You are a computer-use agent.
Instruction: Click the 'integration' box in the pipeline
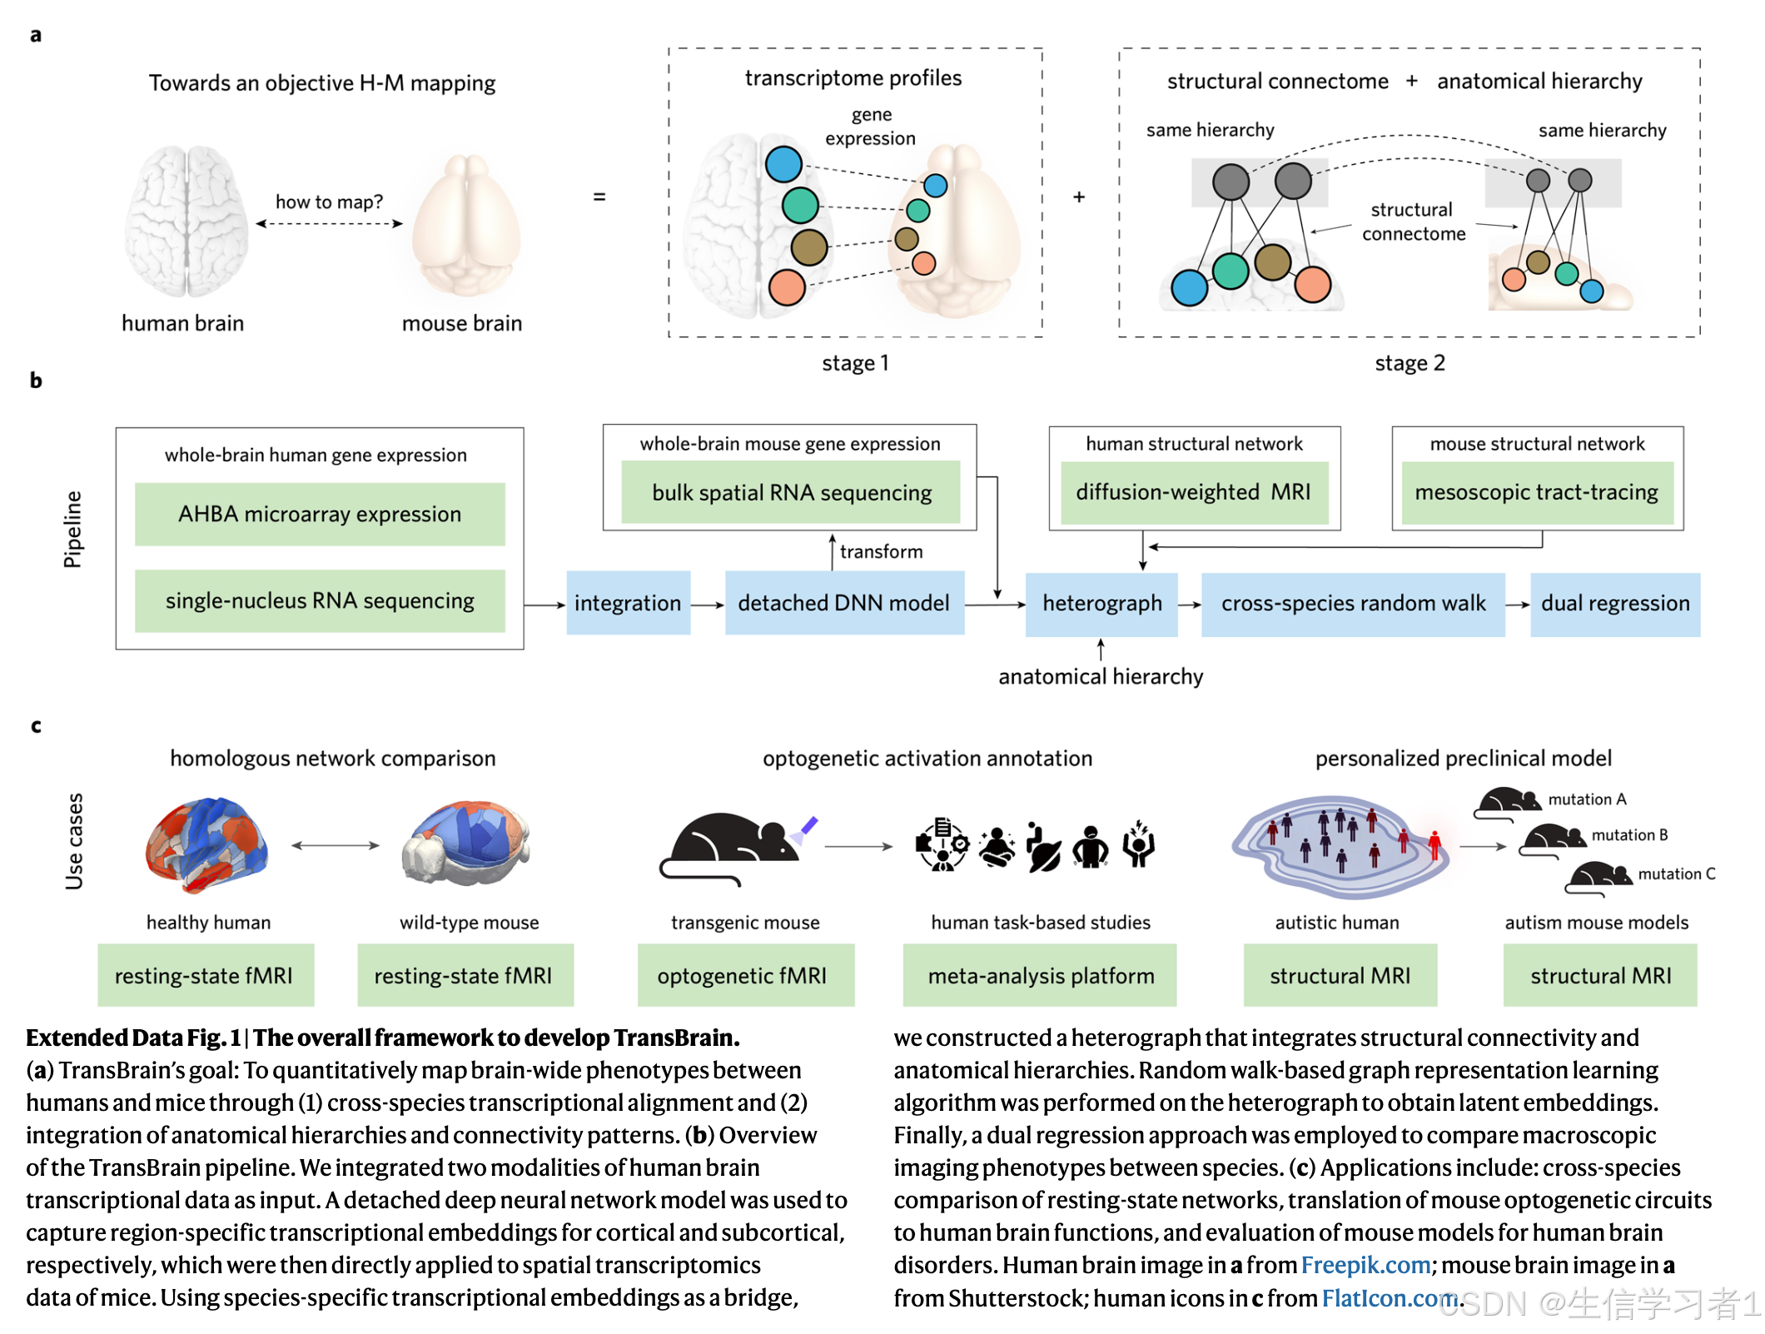(628, 604)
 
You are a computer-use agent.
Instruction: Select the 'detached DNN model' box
(843, 604)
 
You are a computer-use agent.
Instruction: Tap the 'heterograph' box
(1101, 604)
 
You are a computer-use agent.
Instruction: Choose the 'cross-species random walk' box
(1353, 604)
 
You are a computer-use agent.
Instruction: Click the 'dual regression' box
(1615, 604)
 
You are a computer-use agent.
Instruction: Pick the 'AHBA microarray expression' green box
(320, 515)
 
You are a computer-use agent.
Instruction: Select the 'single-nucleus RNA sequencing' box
(320, 601)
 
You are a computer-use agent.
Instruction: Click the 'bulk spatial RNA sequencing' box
(791, 493)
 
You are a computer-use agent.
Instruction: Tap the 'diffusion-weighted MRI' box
(1193, 493)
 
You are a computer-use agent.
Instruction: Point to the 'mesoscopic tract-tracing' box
(1537, 493)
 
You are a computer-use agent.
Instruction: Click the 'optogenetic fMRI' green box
(742, 976)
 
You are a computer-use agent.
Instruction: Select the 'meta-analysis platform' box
(1041, 976)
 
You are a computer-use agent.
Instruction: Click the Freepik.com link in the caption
(1365, 1266)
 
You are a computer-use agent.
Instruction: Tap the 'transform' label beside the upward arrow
(881, 552)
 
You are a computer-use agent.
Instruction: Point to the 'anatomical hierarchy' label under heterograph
(1101, 677)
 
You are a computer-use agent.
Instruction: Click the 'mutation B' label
(1629, 835)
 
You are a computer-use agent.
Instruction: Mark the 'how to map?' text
(329, 202)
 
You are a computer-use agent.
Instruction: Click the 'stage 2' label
(1410, 363)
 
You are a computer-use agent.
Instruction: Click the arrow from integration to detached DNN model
(708, 605)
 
